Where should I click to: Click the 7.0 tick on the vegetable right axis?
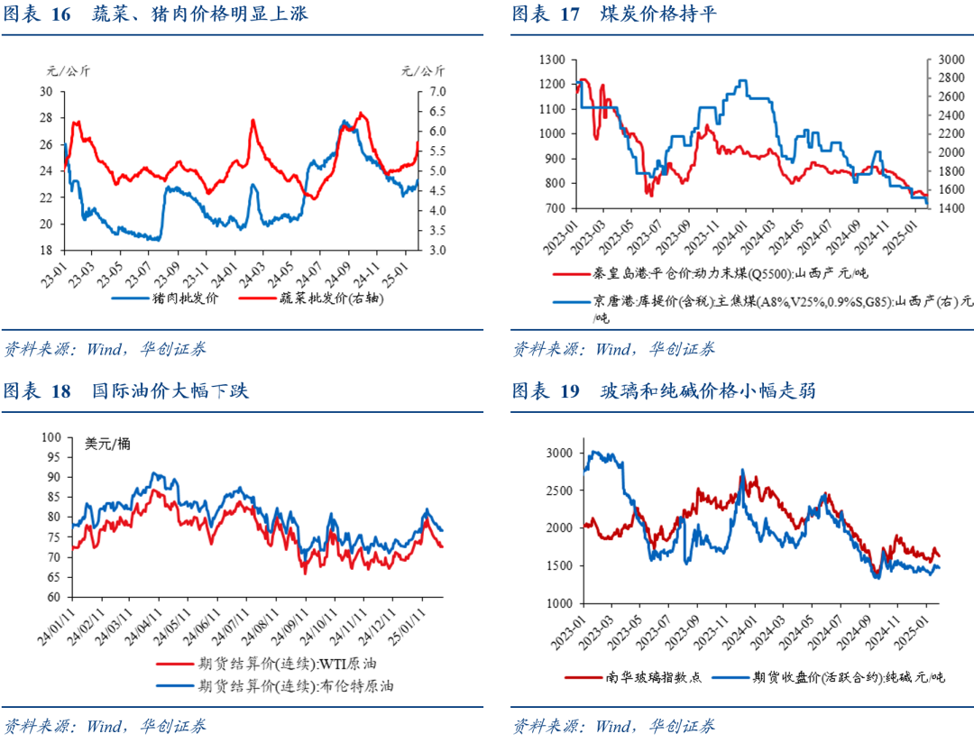(436, 92)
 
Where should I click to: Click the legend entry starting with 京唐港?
(758, 304)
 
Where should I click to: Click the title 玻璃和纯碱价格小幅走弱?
(712, 391)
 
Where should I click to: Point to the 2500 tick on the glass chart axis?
(556, 490)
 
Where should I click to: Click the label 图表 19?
(546, 391)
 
